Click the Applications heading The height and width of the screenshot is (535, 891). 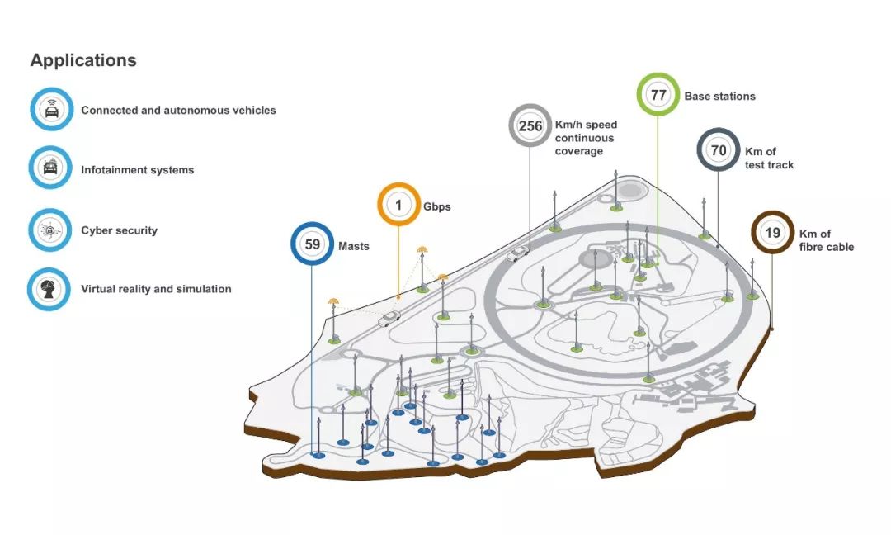coord(83,60)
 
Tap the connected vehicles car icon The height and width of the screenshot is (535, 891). coord(51,110)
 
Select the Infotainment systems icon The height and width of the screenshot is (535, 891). coord(51,169)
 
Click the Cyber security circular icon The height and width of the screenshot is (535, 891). coord(51,230)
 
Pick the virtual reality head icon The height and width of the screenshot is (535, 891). coord(51,289)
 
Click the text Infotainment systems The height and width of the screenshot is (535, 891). coord(137,170)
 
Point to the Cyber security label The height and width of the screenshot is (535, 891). coord(119,230)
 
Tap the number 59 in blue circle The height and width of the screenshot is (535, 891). coord(313,245)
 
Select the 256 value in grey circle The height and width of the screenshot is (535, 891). coord(530,126)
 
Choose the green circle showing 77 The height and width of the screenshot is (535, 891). coord(658,95)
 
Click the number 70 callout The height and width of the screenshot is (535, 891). coord(719,151)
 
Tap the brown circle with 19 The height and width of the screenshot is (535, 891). coord(772,233)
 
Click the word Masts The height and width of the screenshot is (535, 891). coord(353,246)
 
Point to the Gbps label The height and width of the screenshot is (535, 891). coord(437,206)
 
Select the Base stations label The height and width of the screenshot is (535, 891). coord(719,96)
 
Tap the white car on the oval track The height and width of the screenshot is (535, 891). coord(518,253)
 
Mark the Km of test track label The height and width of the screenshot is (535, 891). coord(769,158)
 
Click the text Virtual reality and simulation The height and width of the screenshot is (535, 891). coord(156,289)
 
